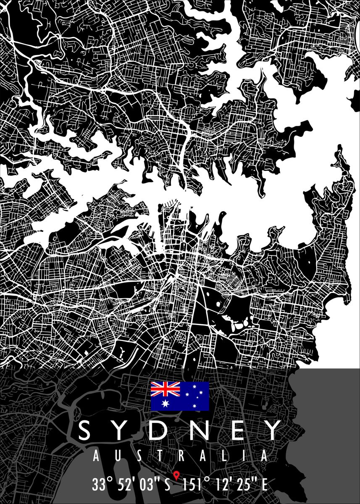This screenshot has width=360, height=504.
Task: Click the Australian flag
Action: pyautogui.click(x=180, y=396)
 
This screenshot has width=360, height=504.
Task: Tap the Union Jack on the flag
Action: pyautogui.click(x=166, y=389)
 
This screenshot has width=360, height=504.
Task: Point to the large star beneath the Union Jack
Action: pyautogui.click(x=166, y=404)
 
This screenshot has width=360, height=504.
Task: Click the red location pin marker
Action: pyautogui.click(x=176, y=476)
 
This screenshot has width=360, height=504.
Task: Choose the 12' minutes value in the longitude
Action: pyautogui.click(x=224, y=484)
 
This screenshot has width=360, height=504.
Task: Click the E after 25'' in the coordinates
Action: pyautogui.click(x=264, y=485)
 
